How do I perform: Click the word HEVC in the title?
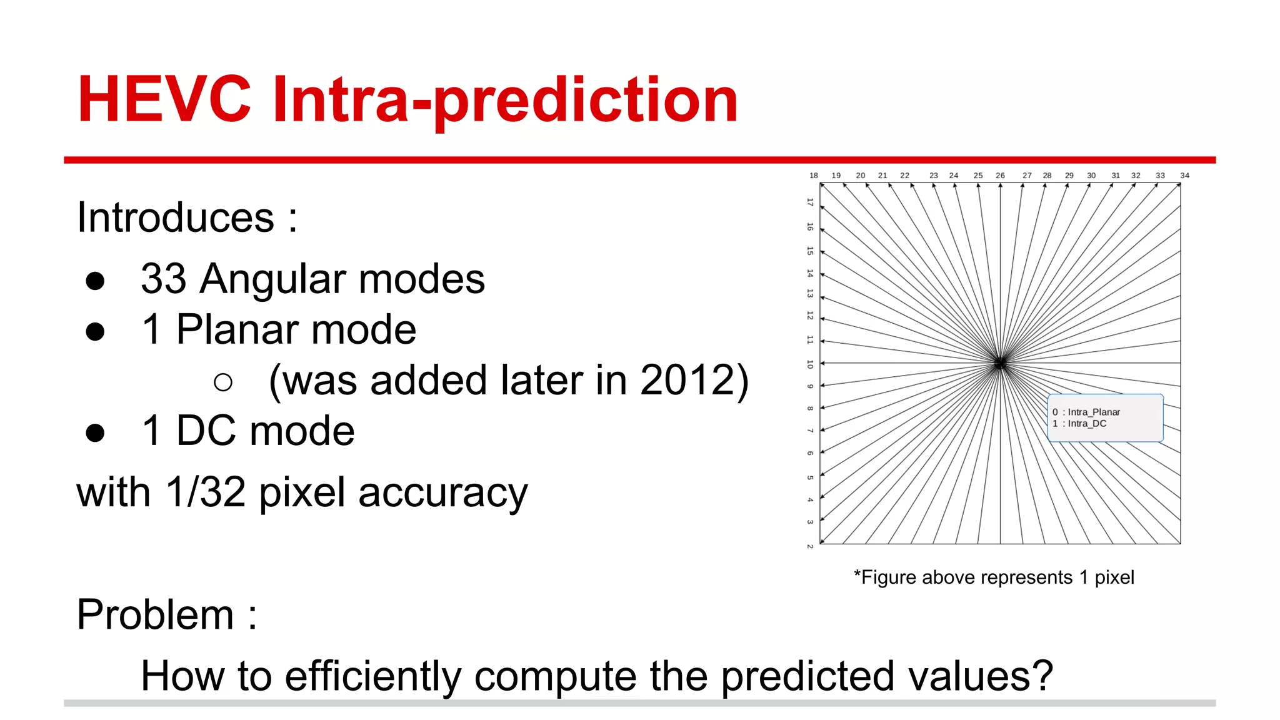(164, 100)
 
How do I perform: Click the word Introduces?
(176, 217)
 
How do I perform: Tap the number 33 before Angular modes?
(164, 279)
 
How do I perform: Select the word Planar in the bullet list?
(240, 329)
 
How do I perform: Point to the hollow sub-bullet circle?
(223, 382)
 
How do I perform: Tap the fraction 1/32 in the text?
(205, 492)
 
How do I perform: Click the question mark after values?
(1042, 676)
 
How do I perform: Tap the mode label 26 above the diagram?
(1000, 176)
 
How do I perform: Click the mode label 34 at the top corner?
(1184, 176)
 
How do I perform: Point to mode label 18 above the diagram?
(814, 176)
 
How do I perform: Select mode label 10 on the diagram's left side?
(810, 364)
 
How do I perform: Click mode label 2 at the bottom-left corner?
(810, 546)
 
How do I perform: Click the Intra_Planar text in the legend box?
(1094, 412)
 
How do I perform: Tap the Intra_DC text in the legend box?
(1087, 423)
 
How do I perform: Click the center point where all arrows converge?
(1000, 363)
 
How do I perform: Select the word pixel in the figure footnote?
(1114, 577)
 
